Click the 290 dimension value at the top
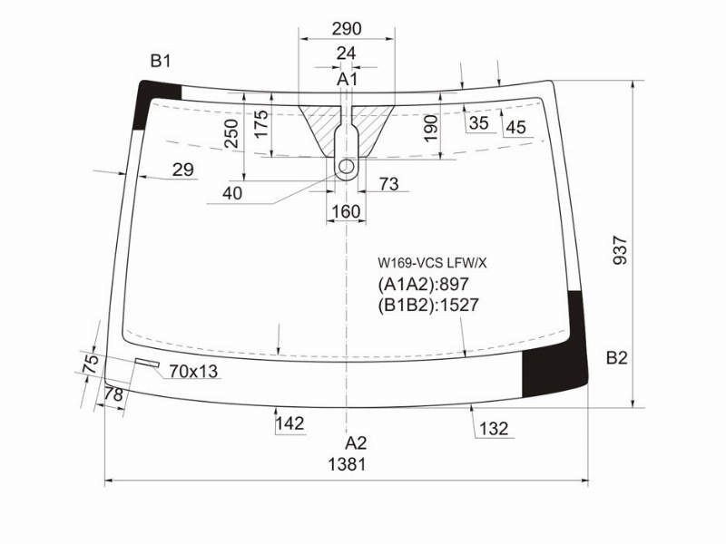(347, 29)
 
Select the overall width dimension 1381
(348, 464)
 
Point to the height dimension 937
(620, 250)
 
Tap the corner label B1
(161, 61)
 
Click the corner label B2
(617, 357)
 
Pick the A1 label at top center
(347, 79)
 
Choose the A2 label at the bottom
(356, 443)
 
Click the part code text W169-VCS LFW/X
(432, 263)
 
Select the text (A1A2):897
(424, 285)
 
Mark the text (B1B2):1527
(428, 306)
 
